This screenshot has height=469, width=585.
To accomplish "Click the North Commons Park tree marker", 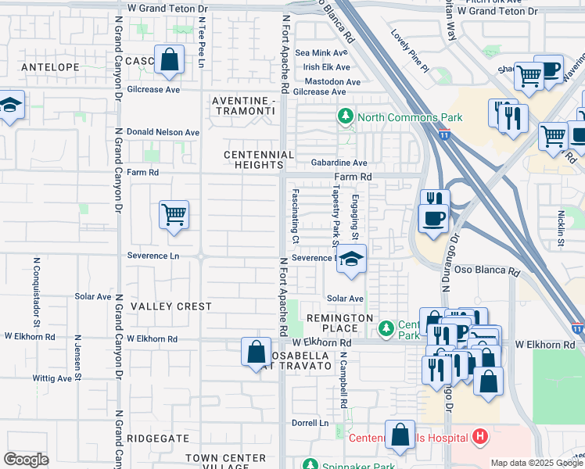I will click(345, 118).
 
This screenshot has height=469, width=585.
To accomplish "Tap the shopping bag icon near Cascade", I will click(169, 60).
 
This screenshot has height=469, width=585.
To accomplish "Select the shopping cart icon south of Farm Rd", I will click(174, 214).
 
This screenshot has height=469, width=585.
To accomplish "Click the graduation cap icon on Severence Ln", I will click(352, 260).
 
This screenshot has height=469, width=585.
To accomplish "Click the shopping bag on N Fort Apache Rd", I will click(256, 352).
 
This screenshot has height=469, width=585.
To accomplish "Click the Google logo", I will click(26, 459).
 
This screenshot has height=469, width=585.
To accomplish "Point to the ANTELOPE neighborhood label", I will click(50, 67).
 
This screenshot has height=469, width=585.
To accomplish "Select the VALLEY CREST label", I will click(171, 306).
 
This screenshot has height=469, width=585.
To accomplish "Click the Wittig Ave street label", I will click(52, 378).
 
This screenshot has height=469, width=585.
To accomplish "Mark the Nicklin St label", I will click(561, 227).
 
